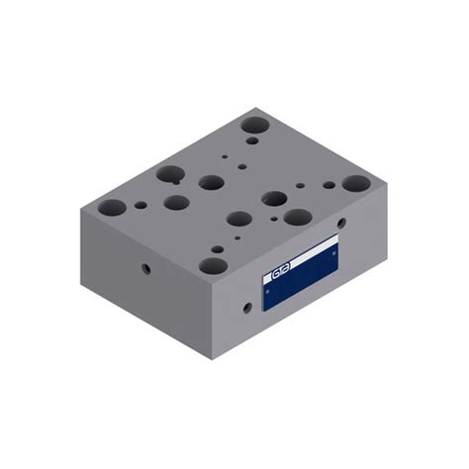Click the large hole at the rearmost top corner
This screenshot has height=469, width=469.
254,126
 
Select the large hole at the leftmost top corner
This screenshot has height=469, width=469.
112,208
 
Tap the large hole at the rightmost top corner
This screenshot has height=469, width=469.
356,183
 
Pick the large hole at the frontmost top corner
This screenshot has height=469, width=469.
210,265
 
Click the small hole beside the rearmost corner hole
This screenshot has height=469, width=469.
253,141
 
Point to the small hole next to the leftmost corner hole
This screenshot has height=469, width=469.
141,205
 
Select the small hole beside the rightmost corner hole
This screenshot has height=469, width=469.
328,184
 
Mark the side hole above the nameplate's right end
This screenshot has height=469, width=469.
341,223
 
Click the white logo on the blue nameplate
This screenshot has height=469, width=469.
283,268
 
